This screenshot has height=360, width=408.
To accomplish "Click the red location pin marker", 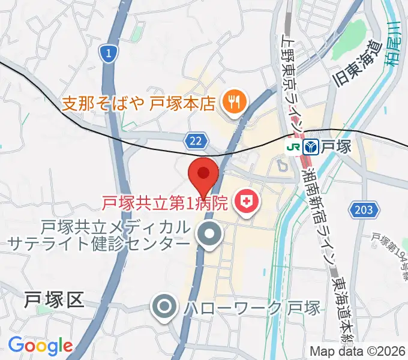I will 203,175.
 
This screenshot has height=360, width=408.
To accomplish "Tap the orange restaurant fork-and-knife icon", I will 231,103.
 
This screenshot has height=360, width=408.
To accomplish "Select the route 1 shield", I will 107,55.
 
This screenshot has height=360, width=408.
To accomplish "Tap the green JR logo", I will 293,146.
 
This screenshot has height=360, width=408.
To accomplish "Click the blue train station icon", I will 311,146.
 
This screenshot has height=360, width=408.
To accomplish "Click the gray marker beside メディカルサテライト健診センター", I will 209,235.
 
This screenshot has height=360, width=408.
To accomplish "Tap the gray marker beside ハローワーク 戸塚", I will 164,308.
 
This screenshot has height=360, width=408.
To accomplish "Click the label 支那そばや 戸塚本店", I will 138,103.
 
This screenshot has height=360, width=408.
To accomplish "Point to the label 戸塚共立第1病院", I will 164,204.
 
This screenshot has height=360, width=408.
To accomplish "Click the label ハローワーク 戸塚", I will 252,308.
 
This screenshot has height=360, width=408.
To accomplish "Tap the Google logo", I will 40,345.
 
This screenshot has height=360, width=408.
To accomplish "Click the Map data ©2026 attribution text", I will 357,351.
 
